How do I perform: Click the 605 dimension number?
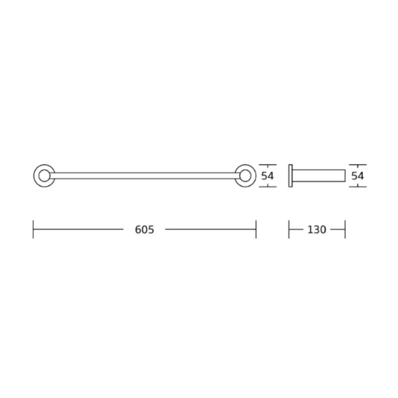(144, 230)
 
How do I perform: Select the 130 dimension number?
(316, 230)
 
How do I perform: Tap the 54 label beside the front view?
(267, 176)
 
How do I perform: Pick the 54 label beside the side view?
(358, 176)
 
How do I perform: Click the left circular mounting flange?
(35, 176)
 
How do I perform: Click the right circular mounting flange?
(255, 176)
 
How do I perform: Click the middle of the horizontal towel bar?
(145, 176)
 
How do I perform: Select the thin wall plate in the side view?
(291, 176)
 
